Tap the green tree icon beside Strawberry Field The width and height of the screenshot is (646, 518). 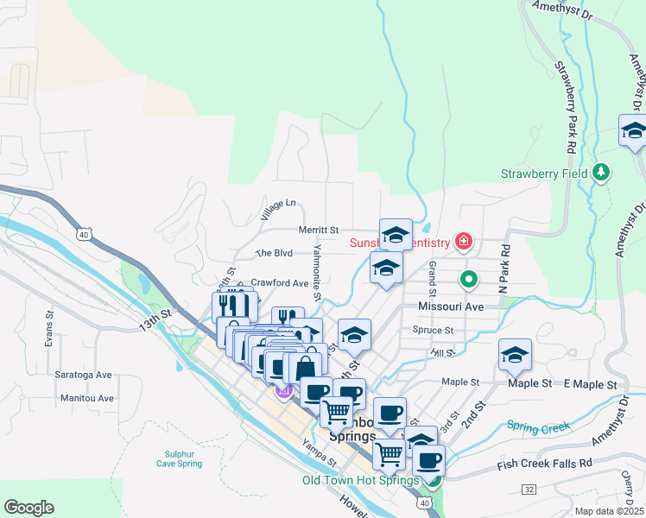[x=602, y=173]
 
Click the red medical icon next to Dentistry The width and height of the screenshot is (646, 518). [x=465, y=241]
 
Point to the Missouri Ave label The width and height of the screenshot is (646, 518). [x=450, y=306]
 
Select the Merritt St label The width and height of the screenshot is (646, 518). [x=318, y=231]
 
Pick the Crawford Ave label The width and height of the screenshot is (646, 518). [x=279, y=283]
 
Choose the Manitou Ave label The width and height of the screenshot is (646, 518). [x=87, y=398]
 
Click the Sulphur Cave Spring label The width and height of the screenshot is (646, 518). [x=183, y=458]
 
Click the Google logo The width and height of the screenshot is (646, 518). [x=29, y=507]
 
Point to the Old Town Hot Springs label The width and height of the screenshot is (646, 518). [x=361, y=480]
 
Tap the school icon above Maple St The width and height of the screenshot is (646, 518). [x=515, y=354]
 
